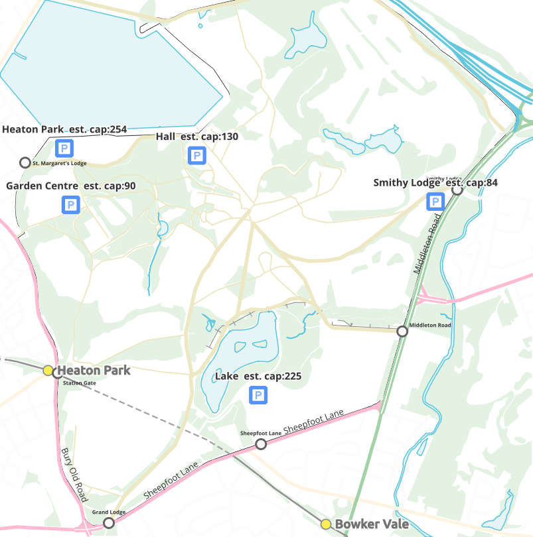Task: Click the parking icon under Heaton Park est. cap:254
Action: [64, 148]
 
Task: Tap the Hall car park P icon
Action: [196, 156]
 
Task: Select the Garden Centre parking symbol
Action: [71, 205]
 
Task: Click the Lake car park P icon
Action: [258, 396]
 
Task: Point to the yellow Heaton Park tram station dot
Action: [48, 371]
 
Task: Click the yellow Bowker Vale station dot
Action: [326, 524]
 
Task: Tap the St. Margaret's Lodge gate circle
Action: [25, 162]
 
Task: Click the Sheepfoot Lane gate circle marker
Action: [261, 444]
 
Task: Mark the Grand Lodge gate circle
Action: [109, 523]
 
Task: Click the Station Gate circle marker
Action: [58, 373]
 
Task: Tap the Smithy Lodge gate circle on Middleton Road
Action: [457, 190]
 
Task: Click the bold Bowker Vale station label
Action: [366, 524]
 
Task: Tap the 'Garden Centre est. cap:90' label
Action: [70, 186]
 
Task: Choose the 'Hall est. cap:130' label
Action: [197, 137]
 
